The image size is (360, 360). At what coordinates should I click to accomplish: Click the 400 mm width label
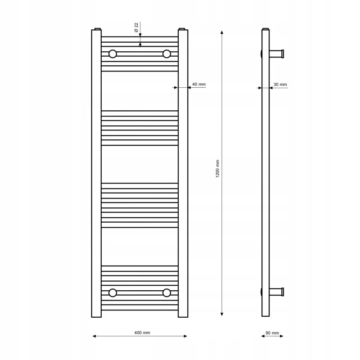[x=142, y=333]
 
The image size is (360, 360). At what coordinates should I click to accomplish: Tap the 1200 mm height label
[x=218, y=169]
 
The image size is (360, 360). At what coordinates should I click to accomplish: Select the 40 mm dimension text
[x=199, y=84]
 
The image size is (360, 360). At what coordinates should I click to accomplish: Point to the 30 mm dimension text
[x=280, y=85]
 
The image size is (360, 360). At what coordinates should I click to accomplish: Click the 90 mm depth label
[x=272, y=333]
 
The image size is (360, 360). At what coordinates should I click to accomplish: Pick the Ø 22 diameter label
[x=136, y=27]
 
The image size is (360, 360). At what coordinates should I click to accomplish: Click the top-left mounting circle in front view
[x=113, y=54]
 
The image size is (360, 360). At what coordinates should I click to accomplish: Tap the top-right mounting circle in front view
[x=166, y=54]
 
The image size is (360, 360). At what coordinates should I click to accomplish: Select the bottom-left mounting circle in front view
[x=113, y=293]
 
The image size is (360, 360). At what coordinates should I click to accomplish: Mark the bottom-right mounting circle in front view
[x=166, y=293]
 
